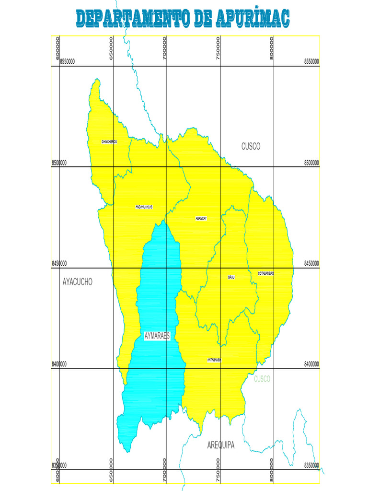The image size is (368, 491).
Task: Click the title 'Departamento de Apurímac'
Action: (x=183, y=18)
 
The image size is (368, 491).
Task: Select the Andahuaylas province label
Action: (x=144, y=207)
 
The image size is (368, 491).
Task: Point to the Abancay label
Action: (x=201, y=219)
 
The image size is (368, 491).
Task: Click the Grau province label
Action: (x=231, y=277)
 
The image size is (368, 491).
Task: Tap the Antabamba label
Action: (x=214, y=360)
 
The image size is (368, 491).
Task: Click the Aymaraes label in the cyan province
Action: (x=157, y=336)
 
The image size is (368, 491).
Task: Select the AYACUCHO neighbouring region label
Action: (x=77, y=282)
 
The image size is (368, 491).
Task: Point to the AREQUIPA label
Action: (x=221, y=445)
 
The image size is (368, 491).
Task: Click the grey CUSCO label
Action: (x=251, y=146)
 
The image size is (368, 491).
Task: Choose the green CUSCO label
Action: (x=262, y=379)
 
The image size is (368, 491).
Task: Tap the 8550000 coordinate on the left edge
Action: (x=67, y=61)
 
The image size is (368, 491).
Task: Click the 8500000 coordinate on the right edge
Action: (x=311, y=163)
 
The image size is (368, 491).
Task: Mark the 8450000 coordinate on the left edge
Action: (x=59, y=263)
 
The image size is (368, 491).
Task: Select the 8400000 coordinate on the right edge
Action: (x=311, y=364)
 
